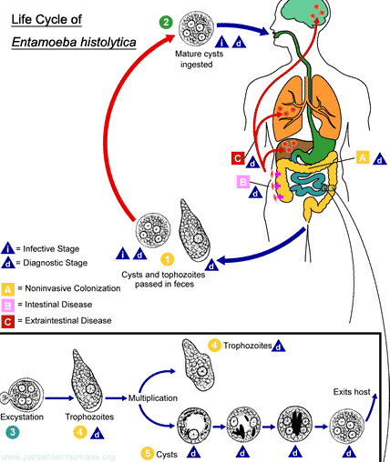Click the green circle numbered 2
click(166, 22)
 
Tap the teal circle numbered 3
click(12, 432)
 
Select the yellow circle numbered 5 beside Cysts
click(148, 454)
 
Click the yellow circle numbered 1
click(168, 259)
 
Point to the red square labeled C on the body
click(238, 158)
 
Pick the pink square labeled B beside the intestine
click(243, 182)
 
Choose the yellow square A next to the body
click(363, 157)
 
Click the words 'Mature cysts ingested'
click(199, 59)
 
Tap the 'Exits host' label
click(352, 392)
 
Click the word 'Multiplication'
click(153, 397)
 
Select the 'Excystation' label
click(22, 417)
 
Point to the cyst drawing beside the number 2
click(196, 27)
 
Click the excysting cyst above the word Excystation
click(22, 395)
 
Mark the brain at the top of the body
click(304, 15)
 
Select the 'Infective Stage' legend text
click(51, 249)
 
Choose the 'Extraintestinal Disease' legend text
click(68, 320)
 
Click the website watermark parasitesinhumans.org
click(57, 457)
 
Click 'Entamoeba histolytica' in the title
click(74, 42)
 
